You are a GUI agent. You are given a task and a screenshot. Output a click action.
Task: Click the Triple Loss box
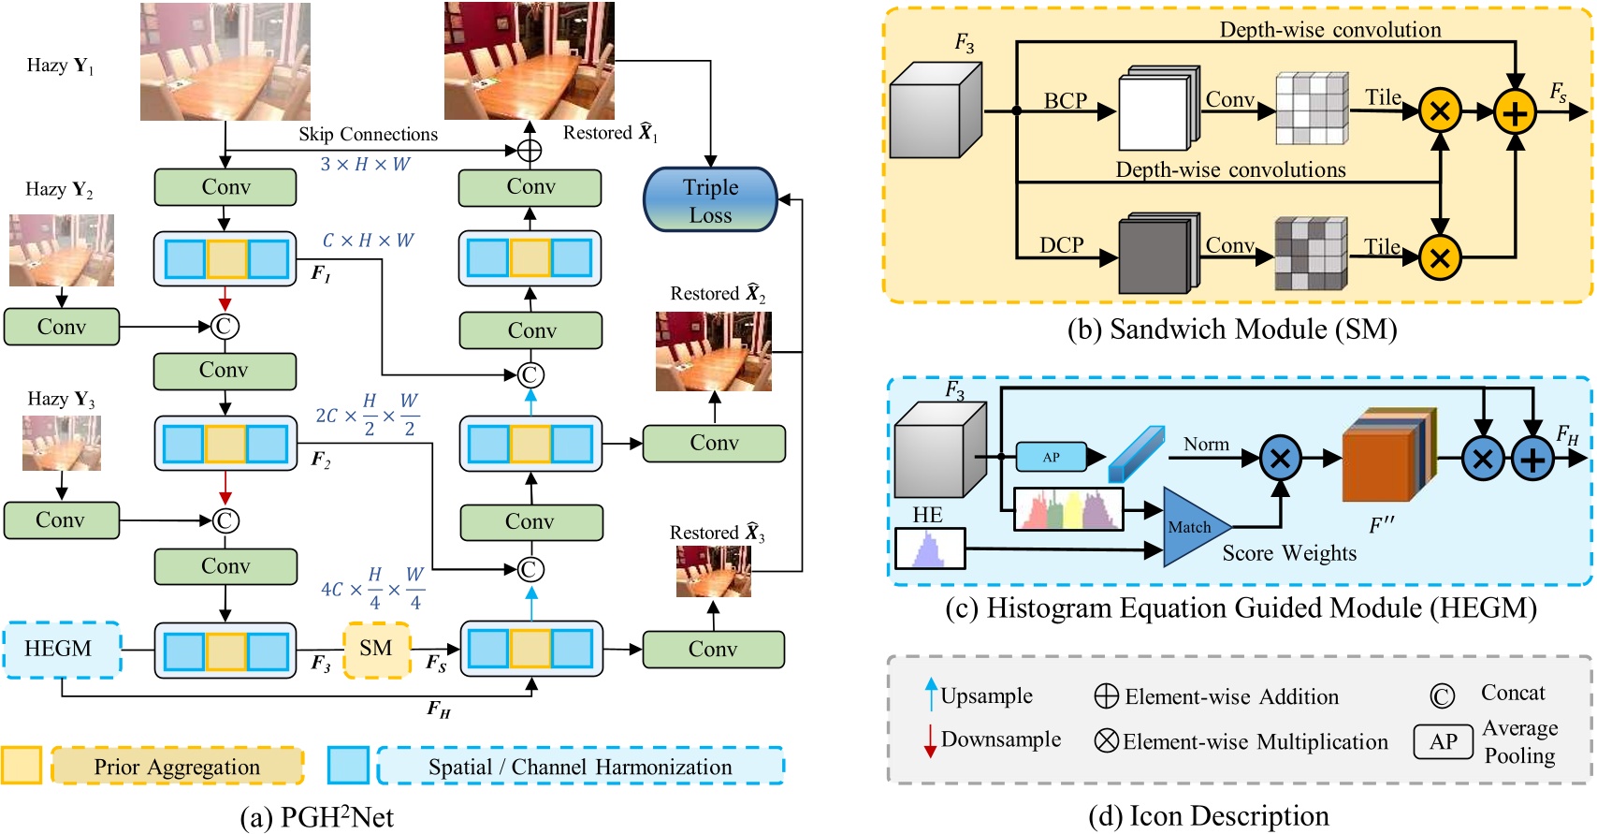click(710, 200)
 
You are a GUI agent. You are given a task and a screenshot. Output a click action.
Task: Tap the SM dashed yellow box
click(376, 649)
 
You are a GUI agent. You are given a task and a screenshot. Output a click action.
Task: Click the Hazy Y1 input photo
click(225, 62)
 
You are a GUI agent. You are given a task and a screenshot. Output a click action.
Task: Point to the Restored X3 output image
click(713, 571)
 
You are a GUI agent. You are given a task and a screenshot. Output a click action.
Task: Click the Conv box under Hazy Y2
click(62, 327)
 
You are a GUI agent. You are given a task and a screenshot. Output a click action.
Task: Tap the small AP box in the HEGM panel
click(1052, 457)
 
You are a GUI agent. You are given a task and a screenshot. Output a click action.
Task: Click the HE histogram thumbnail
click(929, 549)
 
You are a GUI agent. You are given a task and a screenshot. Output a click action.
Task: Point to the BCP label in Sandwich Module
click(1066, 101)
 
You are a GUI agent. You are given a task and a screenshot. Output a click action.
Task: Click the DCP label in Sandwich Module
click(1061, 245)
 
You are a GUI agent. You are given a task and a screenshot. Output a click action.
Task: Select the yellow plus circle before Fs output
click(1515, 112)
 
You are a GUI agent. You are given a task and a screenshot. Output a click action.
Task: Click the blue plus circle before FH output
click(1532, 460)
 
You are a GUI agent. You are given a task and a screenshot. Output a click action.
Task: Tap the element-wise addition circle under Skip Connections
click(530, 150)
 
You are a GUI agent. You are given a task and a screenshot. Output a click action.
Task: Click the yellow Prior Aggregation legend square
click(21, 766)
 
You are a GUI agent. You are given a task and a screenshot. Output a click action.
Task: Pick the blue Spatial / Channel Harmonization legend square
click(348, 766)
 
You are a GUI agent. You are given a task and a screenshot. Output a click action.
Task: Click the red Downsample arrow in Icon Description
click(930, 740)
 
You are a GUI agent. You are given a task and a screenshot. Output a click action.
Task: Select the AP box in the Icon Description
click(1443, 742)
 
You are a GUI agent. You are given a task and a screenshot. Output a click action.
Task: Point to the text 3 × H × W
click(365, 165)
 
